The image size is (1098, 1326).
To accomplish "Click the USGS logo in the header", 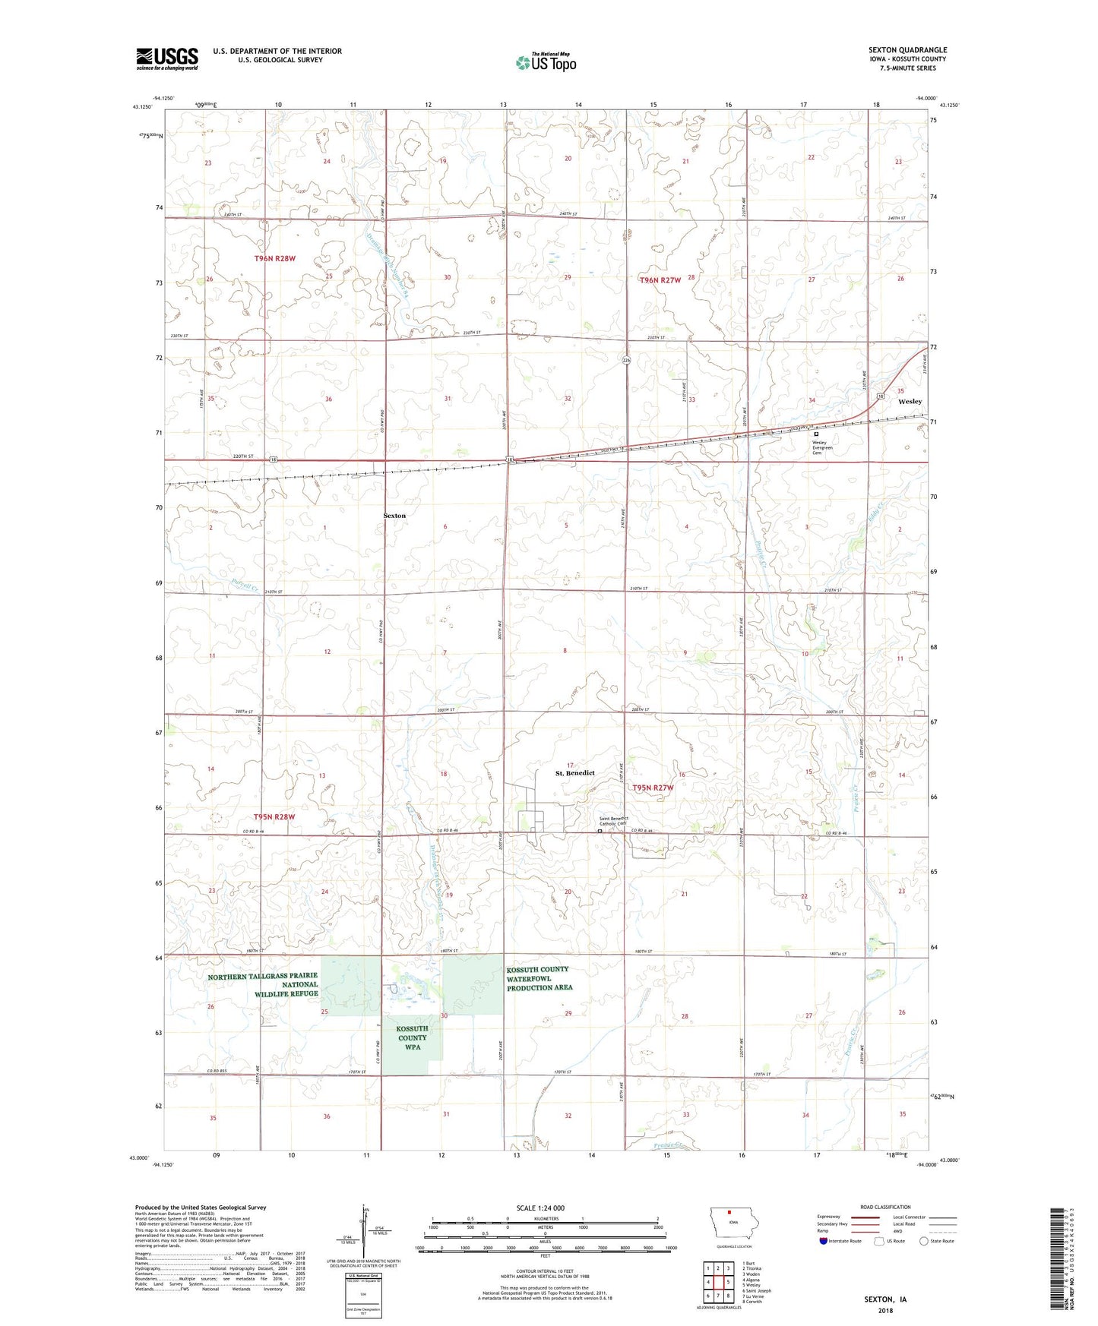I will pyautogui.click(x=167, y=58).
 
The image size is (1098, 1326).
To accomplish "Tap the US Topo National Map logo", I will pyautogui.click(x=545, y=62).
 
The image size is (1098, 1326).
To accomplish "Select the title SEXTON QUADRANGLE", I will pyautogui.click(x=907, y=50).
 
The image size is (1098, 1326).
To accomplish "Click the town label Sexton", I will pyautogui.click(x=394, y=516).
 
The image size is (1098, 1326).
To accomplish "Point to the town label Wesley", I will pyautogui.click(x=910, y=401).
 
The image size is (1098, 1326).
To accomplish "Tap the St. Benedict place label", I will pyautogui.click(x=574, y=773).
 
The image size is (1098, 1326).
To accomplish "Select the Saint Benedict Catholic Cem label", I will pyautogui.click(x=614, y=821).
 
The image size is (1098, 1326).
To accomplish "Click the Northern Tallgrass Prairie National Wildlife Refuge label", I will pyautogui.click(x=264, y=985).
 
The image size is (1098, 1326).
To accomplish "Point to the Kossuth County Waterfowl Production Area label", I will pyautogui.click(x=540, y=978).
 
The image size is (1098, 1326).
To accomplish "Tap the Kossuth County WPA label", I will pyautogui.click(x=412, y=1037).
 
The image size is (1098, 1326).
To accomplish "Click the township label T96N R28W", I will pyautogui.click(x=274, y=259).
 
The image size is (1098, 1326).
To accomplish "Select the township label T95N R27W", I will pyautogui.click(x=653, y=788).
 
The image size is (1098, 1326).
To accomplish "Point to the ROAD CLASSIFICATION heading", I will pyautogui.click(x=884, y=1207).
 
